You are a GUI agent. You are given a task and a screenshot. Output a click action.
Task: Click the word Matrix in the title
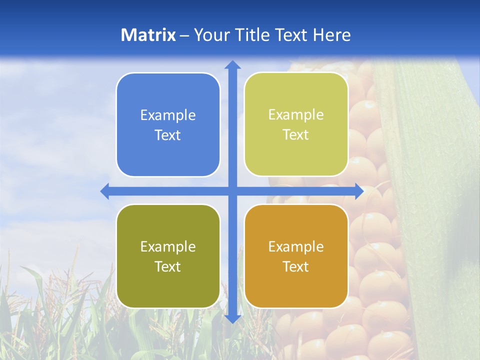coord(148,35)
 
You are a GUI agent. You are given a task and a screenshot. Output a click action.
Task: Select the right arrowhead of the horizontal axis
coord(359,191)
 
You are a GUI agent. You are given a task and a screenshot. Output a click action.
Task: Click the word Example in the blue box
coord(168,115)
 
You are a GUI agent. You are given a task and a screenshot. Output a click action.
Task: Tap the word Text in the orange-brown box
coord(296,266)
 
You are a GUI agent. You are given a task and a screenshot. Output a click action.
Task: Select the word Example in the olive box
coord(168,246)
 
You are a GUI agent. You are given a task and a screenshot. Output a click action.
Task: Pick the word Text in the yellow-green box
coord(296,135)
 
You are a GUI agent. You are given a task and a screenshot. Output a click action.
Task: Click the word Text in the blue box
coord(168,135)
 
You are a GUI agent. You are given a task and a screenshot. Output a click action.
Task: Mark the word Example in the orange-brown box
coord(296,246)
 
